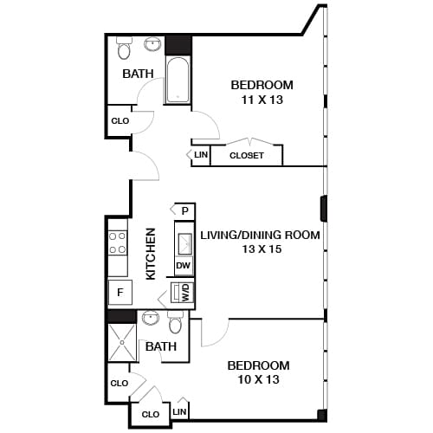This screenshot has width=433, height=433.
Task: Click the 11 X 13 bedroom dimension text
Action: (261, 100)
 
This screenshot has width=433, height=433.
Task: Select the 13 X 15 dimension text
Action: (260, 249)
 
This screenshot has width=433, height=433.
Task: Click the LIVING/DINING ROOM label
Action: (260, 234)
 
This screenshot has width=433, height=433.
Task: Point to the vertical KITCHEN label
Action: (151, 253)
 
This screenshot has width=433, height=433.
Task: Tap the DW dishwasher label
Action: (184, 266)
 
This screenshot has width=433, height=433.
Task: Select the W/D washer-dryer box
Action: (184, 293)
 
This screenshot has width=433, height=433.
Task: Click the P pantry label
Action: (185, 210)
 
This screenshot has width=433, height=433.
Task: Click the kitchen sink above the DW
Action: (184, 237)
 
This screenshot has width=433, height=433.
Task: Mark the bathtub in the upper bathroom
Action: (178, 80)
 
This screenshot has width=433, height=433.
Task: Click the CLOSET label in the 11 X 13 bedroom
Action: (247, 156)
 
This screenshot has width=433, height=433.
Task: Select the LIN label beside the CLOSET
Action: (201, 155)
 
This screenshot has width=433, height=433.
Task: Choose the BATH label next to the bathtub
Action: (138, 74)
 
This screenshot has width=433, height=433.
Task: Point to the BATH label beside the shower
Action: (161, 346)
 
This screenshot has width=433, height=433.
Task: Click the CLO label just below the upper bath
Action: (120, 121)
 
